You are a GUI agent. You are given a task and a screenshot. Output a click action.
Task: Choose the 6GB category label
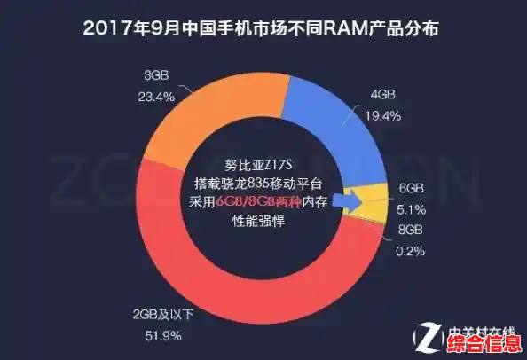(x=411, y=189)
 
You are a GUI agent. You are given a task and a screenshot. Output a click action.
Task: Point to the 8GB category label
(x=411, y=230)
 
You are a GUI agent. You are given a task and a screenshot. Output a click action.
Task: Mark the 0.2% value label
(x=412, y=251)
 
